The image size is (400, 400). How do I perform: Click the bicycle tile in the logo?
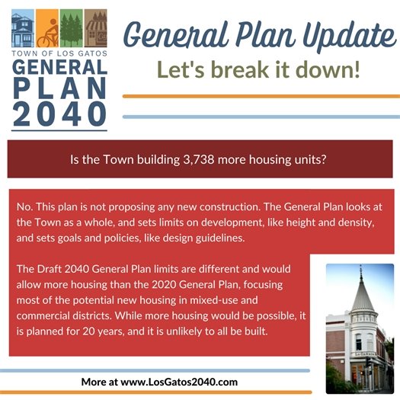[49, 30]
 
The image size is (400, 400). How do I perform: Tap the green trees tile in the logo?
[72, 30]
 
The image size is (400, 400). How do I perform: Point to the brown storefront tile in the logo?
[96, 30]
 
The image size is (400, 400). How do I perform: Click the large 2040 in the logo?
[59, 113]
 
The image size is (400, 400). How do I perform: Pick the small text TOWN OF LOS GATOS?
[59, 53]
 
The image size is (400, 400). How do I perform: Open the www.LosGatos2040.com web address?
[178, 381]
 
